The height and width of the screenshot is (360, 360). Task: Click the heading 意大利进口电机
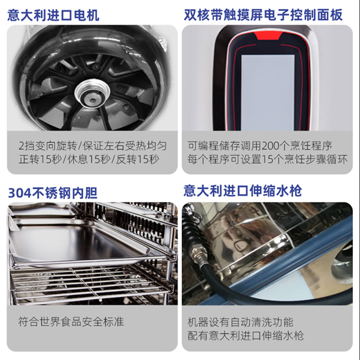tap(53, 16)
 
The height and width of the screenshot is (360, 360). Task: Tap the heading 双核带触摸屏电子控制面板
tap(263, 15)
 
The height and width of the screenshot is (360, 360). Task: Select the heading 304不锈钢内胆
tap(53, 193)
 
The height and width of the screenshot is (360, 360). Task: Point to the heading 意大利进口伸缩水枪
tap(242, 191)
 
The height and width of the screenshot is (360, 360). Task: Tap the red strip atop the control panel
tap(268, 36)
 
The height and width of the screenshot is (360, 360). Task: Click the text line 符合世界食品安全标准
tap(71, 322)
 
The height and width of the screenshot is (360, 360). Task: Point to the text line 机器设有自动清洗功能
tap(240, 322)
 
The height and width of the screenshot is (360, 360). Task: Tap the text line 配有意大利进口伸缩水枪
tap(246, 336)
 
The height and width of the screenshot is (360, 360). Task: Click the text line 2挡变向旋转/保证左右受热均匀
tap(92, 146)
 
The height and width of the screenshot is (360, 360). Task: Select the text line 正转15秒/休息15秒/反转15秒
tap(89, 159)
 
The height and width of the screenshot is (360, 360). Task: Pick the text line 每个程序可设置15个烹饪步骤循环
tap(267, 159)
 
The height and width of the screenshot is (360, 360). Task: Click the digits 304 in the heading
tap(19, 193)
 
